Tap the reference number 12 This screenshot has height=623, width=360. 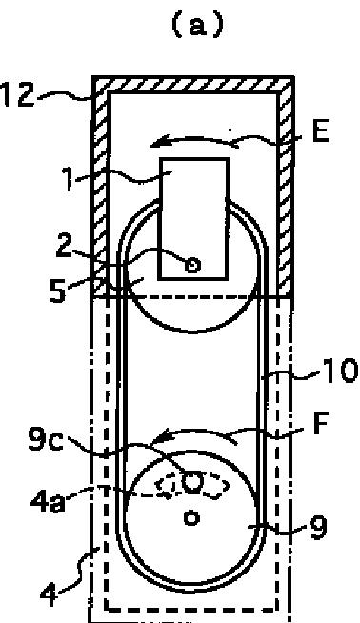[x=17, y=95]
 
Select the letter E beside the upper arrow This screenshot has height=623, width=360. [x=321, y=131]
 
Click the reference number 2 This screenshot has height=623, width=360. [x=65, y=247]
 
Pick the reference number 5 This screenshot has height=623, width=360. [x=58, y=291]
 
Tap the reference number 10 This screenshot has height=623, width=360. [x=341, y=371]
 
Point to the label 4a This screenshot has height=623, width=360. [x=48, y=501]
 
